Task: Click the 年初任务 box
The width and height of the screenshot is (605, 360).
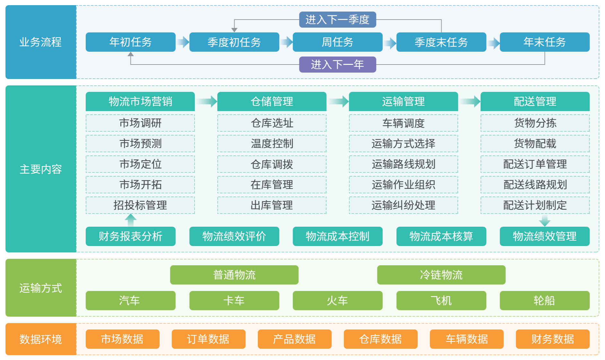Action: [130, 42]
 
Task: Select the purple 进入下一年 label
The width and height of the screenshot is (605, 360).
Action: [337, 65]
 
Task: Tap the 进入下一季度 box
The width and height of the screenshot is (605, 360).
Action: [337, 20]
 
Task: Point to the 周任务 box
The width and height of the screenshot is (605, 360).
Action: [337, 42]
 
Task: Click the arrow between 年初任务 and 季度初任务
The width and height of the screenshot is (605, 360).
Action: [183, 42]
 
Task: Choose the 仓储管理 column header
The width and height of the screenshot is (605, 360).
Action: [272, 101]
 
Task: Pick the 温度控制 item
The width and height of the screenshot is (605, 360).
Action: [272, 144]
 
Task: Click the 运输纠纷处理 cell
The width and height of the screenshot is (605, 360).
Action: [403, 205]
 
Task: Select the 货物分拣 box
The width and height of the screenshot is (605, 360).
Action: [535, 123]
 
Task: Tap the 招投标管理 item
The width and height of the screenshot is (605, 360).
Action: [140, 205]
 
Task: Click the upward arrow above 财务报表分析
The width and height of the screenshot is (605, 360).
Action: [131, 220]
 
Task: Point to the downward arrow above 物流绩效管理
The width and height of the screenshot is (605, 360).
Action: [545, 221]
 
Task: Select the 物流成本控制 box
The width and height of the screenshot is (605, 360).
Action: [337, 236]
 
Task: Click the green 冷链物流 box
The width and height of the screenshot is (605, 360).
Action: [441, 275]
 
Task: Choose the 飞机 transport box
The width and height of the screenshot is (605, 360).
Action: [441, 301]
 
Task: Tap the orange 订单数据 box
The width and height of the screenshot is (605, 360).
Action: [208, 339]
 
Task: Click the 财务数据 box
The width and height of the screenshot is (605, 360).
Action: [552, 339]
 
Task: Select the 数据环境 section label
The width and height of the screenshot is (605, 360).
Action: [41, 339]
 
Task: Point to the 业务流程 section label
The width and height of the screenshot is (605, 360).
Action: [41, 42]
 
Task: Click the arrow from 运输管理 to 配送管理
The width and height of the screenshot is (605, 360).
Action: [469, 101]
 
